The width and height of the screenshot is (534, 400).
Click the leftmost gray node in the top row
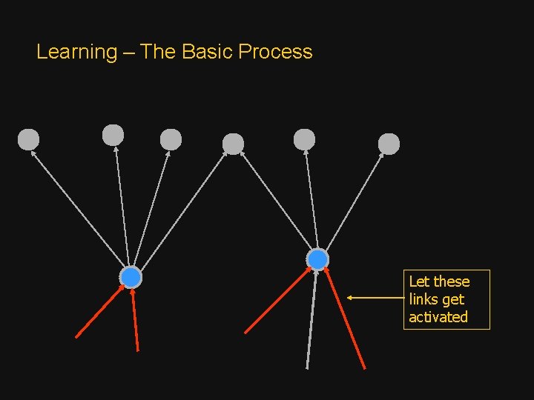(28, 139)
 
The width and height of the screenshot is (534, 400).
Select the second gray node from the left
(113, 135)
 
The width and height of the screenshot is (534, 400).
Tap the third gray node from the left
(171, 139)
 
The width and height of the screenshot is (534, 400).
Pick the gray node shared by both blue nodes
(233, 144)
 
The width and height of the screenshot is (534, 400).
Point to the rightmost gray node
(389, 144)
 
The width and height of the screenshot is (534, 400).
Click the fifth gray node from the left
(304, 139)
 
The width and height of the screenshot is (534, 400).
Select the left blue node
(131, 277)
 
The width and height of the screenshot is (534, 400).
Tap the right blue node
(317, 259)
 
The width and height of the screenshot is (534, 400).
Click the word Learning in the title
(76, 52)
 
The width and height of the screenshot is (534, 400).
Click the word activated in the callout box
(438, 317)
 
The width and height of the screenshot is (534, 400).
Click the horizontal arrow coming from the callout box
(375, 298)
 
